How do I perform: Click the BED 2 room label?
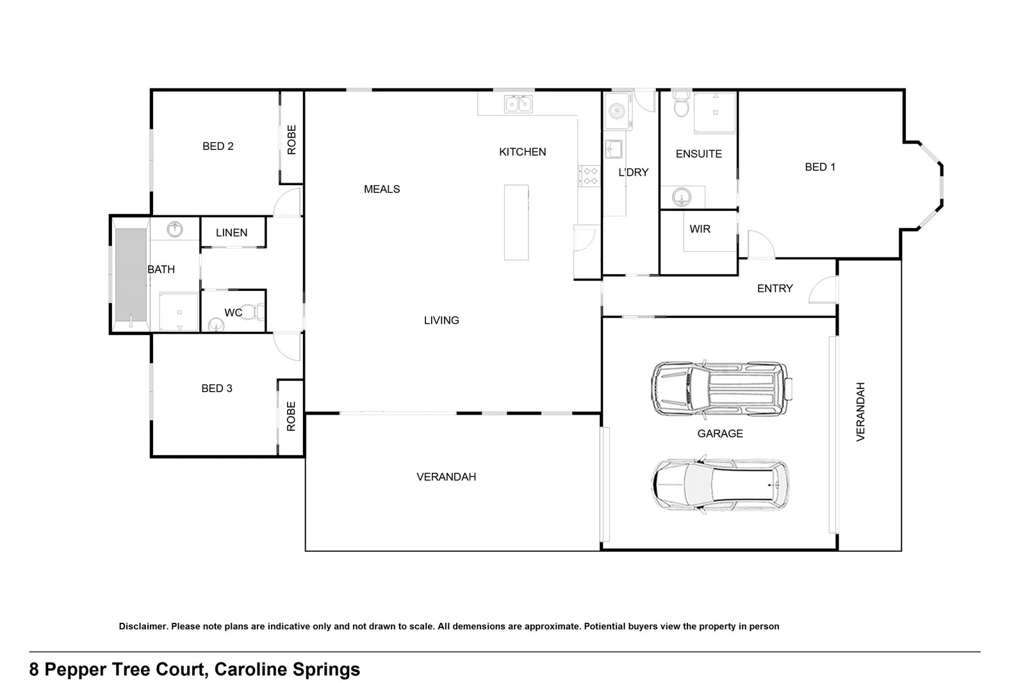(x=218, y=146)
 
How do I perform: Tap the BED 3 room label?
(x=217, y=388)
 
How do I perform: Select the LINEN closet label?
(x=231, y=233)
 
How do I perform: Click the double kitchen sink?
(x=518, y=103)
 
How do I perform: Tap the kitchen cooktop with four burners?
(x=589, y=176)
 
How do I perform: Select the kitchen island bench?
(x=516, y=222)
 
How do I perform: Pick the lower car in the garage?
(x=720, y=484)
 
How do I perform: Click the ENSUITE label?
(x=698, y=154)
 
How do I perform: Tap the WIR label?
(x=700, y=229)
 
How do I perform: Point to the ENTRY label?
(x=775, y=288)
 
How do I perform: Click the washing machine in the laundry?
(x=617, y=113)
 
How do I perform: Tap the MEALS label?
(x=382, y=189)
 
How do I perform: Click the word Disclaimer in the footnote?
(x=143, y=627)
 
